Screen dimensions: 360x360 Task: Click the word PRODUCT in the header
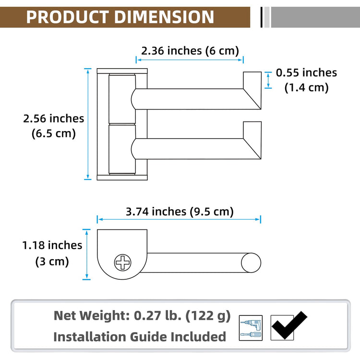67,17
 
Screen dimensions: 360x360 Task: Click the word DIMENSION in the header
164,17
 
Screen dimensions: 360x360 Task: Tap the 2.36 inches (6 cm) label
190,51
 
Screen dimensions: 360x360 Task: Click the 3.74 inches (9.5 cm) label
180,212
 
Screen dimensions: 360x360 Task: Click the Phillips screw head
122,263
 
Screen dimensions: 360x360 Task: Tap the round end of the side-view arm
251,263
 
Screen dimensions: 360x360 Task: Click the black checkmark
289,325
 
